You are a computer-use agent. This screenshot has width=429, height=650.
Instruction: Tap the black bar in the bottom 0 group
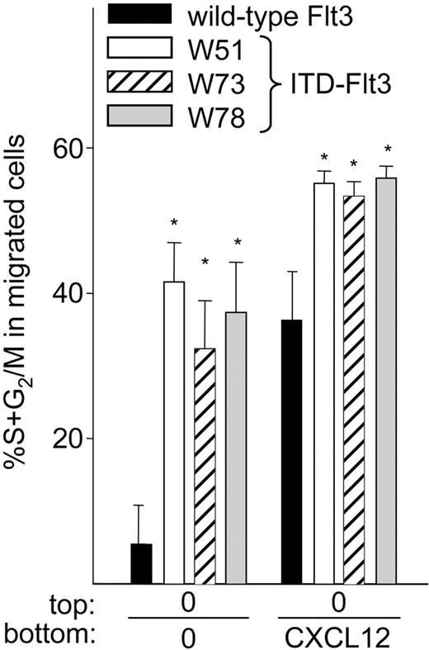pos(142,562)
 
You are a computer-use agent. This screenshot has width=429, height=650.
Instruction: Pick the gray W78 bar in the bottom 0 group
pos(236,447)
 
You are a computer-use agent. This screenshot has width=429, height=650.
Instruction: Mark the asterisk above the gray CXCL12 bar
pos(387,149)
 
